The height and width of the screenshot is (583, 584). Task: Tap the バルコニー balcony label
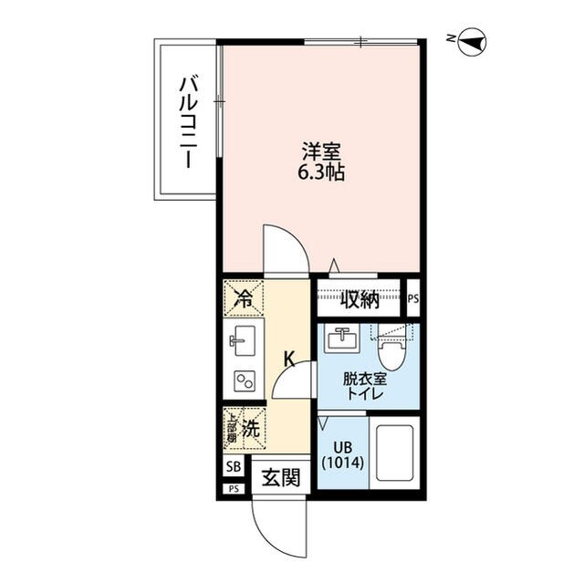187,121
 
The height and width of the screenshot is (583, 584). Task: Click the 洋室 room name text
322,151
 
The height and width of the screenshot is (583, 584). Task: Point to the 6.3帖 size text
322,172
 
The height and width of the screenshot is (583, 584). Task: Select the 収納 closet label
361,299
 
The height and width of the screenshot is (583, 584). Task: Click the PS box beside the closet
413,298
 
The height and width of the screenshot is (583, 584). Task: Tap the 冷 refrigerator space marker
244,296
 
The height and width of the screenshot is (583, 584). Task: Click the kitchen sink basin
244,343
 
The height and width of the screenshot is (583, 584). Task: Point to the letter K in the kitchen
287,359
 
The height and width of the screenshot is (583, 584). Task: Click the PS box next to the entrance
234,489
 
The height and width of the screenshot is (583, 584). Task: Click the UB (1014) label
343,455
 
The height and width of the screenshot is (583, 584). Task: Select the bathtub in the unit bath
393,454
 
